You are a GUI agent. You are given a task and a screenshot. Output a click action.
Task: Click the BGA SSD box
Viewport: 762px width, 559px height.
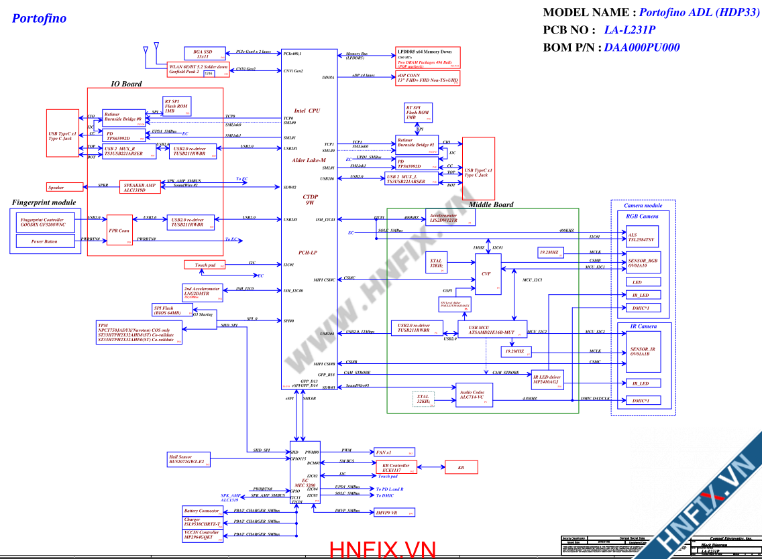pos(203,54)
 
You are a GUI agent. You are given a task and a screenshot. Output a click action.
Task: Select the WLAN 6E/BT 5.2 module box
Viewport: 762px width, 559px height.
pos(198,70)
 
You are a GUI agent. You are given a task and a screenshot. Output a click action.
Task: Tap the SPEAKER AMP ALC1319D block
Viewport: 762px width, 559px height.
pos(140,187)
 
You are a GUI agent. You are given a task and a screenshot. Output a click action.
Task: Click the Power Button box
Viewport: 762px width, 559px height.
pos(44,241)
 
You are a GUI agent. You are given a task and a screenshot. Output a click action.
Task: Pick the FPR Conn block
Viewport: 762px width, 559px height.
pos(119,230)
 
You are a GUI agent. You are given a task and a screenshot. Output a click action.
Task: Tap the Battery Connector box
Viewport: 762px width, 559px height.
pos(202,511)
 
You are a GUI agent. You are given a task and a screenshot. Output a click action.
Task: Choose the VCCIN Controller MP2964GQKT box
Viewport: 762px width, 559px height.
pos(202,535)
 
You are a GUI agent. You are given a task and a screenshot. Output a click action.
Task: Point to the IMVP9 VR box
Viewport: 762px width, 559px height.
pos(394,512)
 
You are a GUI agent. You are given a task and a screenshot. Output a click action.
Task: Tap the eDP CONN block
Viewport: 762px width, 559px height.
pos(427,78)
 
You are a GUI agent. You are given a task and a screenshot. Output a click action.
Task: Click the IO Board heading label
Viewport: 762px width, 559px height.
pos(126,84)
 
